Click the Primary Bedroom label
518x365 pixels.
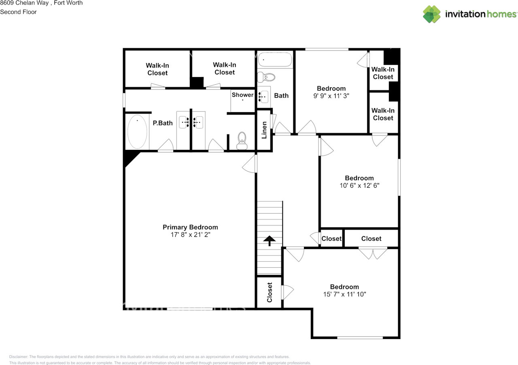pos(190,227)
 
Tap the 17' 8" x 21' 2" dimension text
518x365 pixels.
pos(190,235)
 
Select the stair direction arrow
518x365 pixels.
pos(269,241)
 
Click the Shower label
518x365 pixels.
pos(242,95)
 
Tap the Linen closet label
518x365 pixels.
pos(264,130)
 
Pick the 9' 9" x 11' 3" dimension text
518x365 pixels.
pos(331,96)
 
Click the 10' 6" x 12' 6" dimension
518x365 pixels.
pos(359,186)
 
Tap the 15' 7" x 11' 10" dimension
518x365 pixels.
pos(344,295)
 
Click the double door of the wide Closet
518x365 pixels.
pos(373,254)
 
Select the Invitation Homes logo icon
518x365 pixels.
pos(432,14)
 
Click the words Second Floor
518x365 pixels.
pos(18,12)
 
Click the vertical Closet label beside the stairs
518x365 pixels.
pos(270,292)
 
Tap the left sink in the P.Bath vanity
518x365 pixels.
pos(184,122)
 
